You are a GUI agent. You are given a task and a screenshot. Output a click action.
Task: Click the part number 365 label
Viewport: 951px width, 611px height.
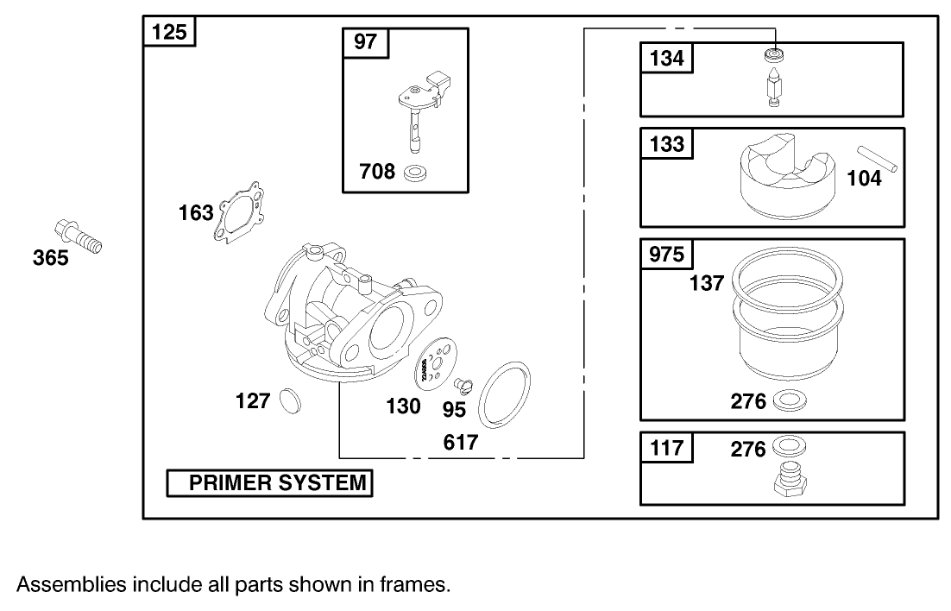click(x=50, y=257)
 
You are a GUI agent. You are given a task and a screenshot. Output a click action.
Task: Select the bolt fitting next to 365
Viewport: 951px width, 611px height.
click(x=77, y=234)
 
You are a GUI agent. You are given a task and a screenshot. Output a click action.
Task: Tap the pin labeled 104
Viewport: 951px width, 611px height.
click(x=879, y=158)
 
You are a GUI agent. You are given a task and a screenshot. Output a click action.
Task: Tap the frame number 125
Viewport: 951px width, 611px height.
click(x=169, y=33)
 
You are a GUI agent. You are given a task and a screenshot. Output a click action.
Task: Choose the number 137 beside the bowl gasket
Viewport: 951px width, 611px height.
click(x=707, y=282)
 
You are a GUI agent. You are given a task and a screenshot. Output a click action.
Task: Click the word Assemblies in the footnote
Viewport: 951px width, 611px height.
click(x=71, y=584)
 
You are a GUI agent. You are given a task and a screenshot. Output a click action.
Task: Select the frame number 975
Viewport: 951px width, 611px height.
click(x=666, y=255)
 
